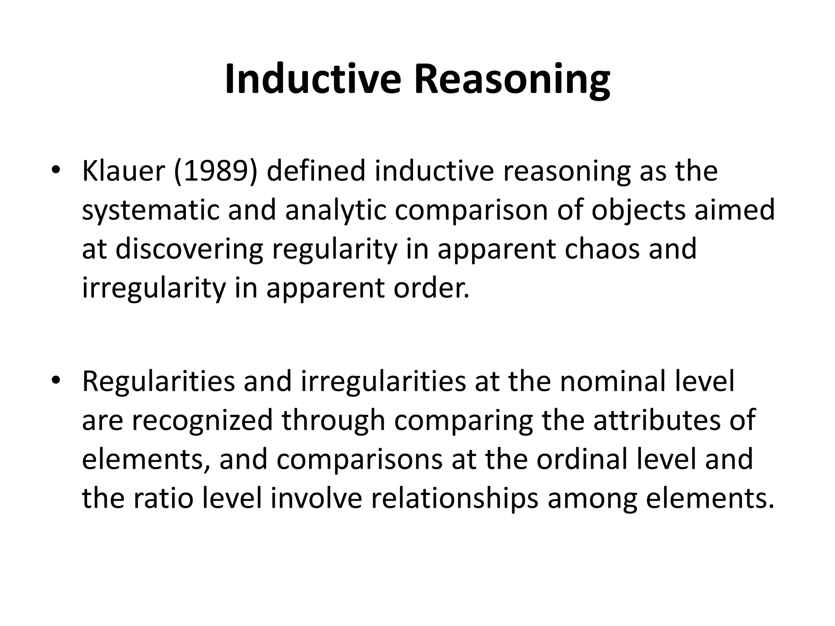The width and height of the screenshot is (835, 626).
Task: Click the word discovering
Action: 189,249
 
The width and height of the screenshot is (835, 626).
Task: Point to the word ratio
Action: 163,498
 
